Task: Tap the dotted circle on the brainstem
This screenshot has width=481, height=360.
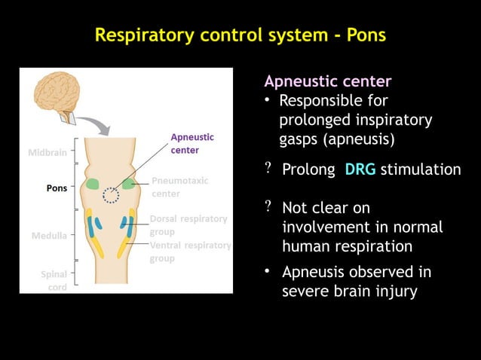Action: pos(111,195)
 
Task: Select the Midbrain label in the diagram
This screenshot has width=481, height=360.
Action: pos(47,153)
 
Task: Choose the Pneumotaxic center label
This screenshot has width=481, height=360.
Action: pos(179,187)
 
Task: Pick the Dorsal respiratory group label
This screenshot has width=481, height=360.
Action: pos(188,225)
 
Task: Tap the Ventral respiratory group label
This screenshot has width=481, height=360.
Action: pos(190,252)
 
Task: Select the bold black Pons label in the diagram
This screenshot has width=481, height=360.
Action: pos(57,188)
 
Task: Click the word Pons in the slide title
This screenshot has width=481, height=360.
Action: pos(366,35)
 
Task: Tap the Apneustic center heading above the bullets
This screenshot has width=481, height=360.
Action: pos(327,81)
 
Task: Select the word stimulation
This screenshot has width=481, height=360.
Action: pos(420,169)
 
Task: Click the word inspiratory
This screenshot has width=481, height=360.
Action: pos(391,121)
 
